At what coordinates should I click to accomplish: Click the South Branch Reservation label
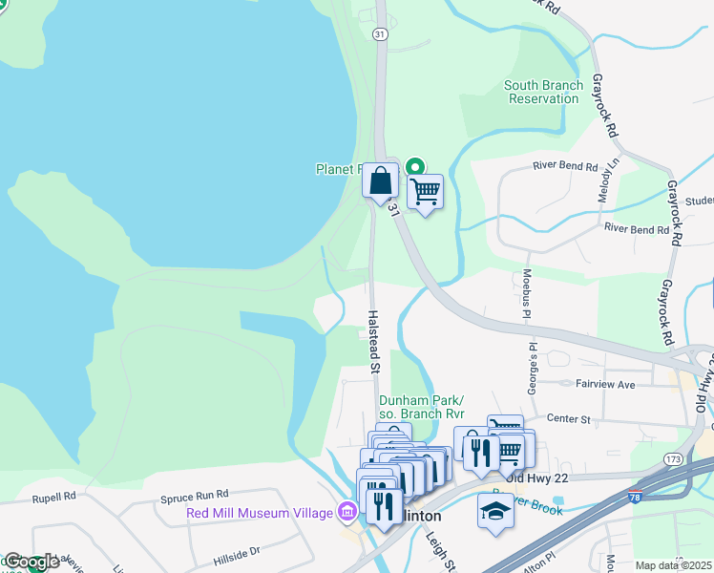coord(543,92)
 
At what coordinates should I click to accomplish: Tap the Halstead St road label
coord(374,340)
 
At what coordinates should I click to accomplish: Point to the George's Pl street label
coord(533,367)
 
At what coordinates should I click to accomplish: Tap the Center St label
coord(570,418)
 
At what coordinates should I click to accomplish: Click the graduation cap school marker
coord(495,511)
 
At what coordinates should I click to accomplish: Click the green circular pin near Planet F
coord(415,166)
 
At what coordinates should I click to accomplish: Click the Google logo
coord(31,562)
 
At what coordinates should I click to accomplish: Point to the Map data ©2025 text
coord(673,565)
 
